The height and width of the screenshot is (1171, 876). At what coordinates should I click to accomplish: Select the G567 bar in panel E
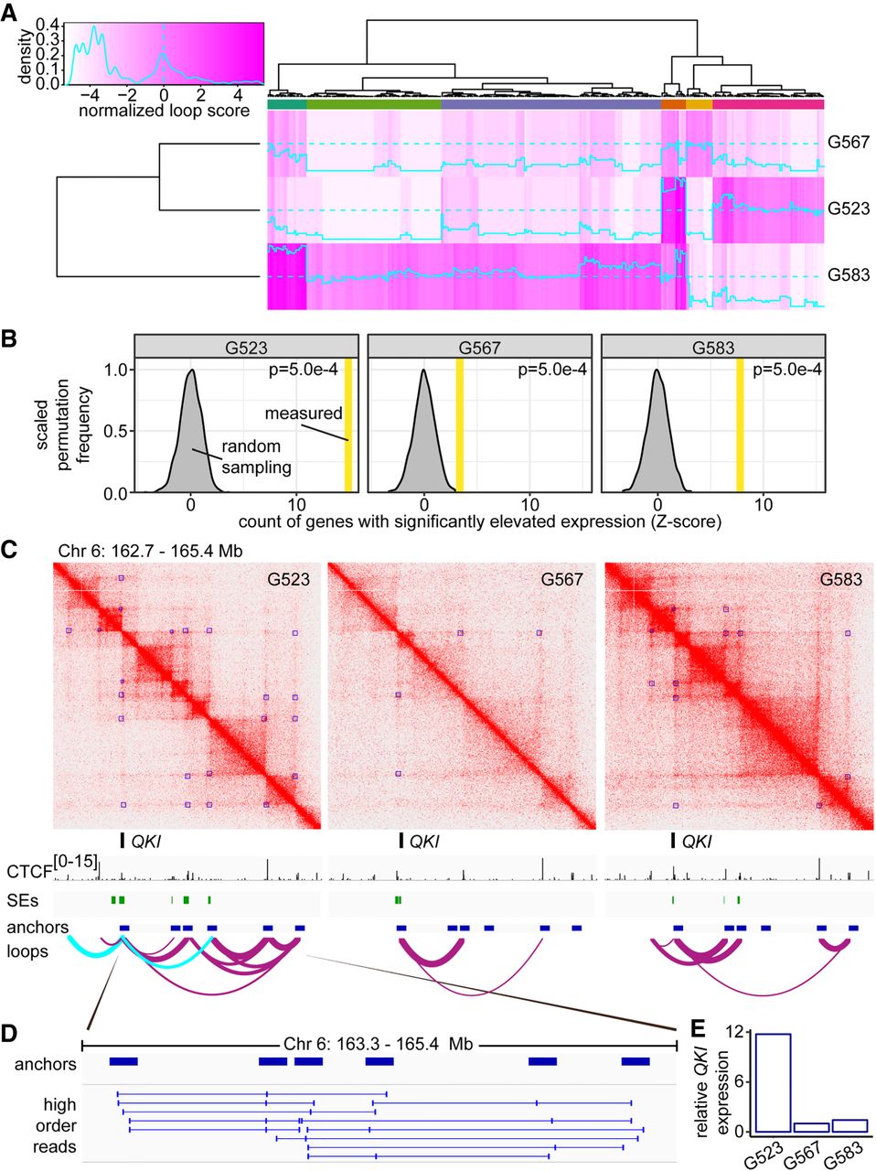(x=811, y=1127)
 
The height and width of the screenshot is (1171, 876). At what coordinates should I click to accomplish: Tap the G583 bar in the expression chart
(x=849, y=1125)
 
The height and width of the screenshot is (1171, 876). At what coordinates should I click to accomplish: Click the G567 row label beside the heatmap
(x=849, y=143)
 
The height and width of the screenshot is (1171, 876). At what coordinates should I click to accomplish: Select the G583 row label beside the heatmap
(x=849, y=274)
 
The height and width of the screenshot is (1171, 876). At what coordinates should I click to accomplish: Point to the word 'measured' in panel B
(x=304, y=414)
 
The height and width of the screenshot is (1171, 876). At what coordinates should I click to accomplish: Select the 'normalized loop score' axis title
(x=164, y=111)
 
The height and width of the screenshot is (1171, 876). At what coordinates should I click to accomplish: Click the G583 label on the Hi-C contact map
(x=839, y=579)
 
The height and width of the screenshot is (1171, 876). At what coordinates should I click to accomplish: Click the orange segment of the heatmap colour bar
(x=673, y=106)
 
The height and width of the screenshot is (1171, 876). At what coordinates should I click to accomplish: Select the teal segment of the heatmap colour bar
(x=287, y=106)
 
